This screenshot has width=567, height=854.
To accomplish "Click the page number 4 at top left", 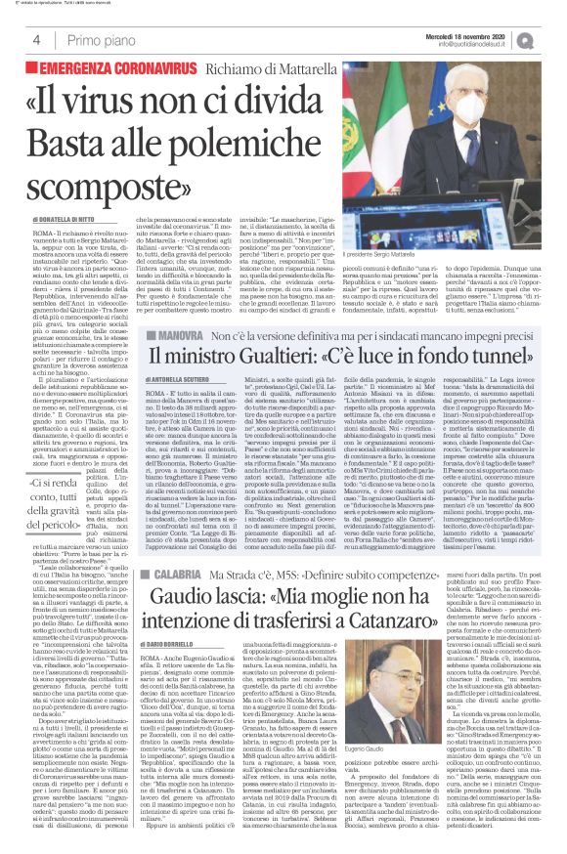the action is (x=36, y=40).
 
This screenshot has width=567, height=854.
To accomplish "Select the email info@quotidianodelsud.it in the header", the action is (x=480, y=44).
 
